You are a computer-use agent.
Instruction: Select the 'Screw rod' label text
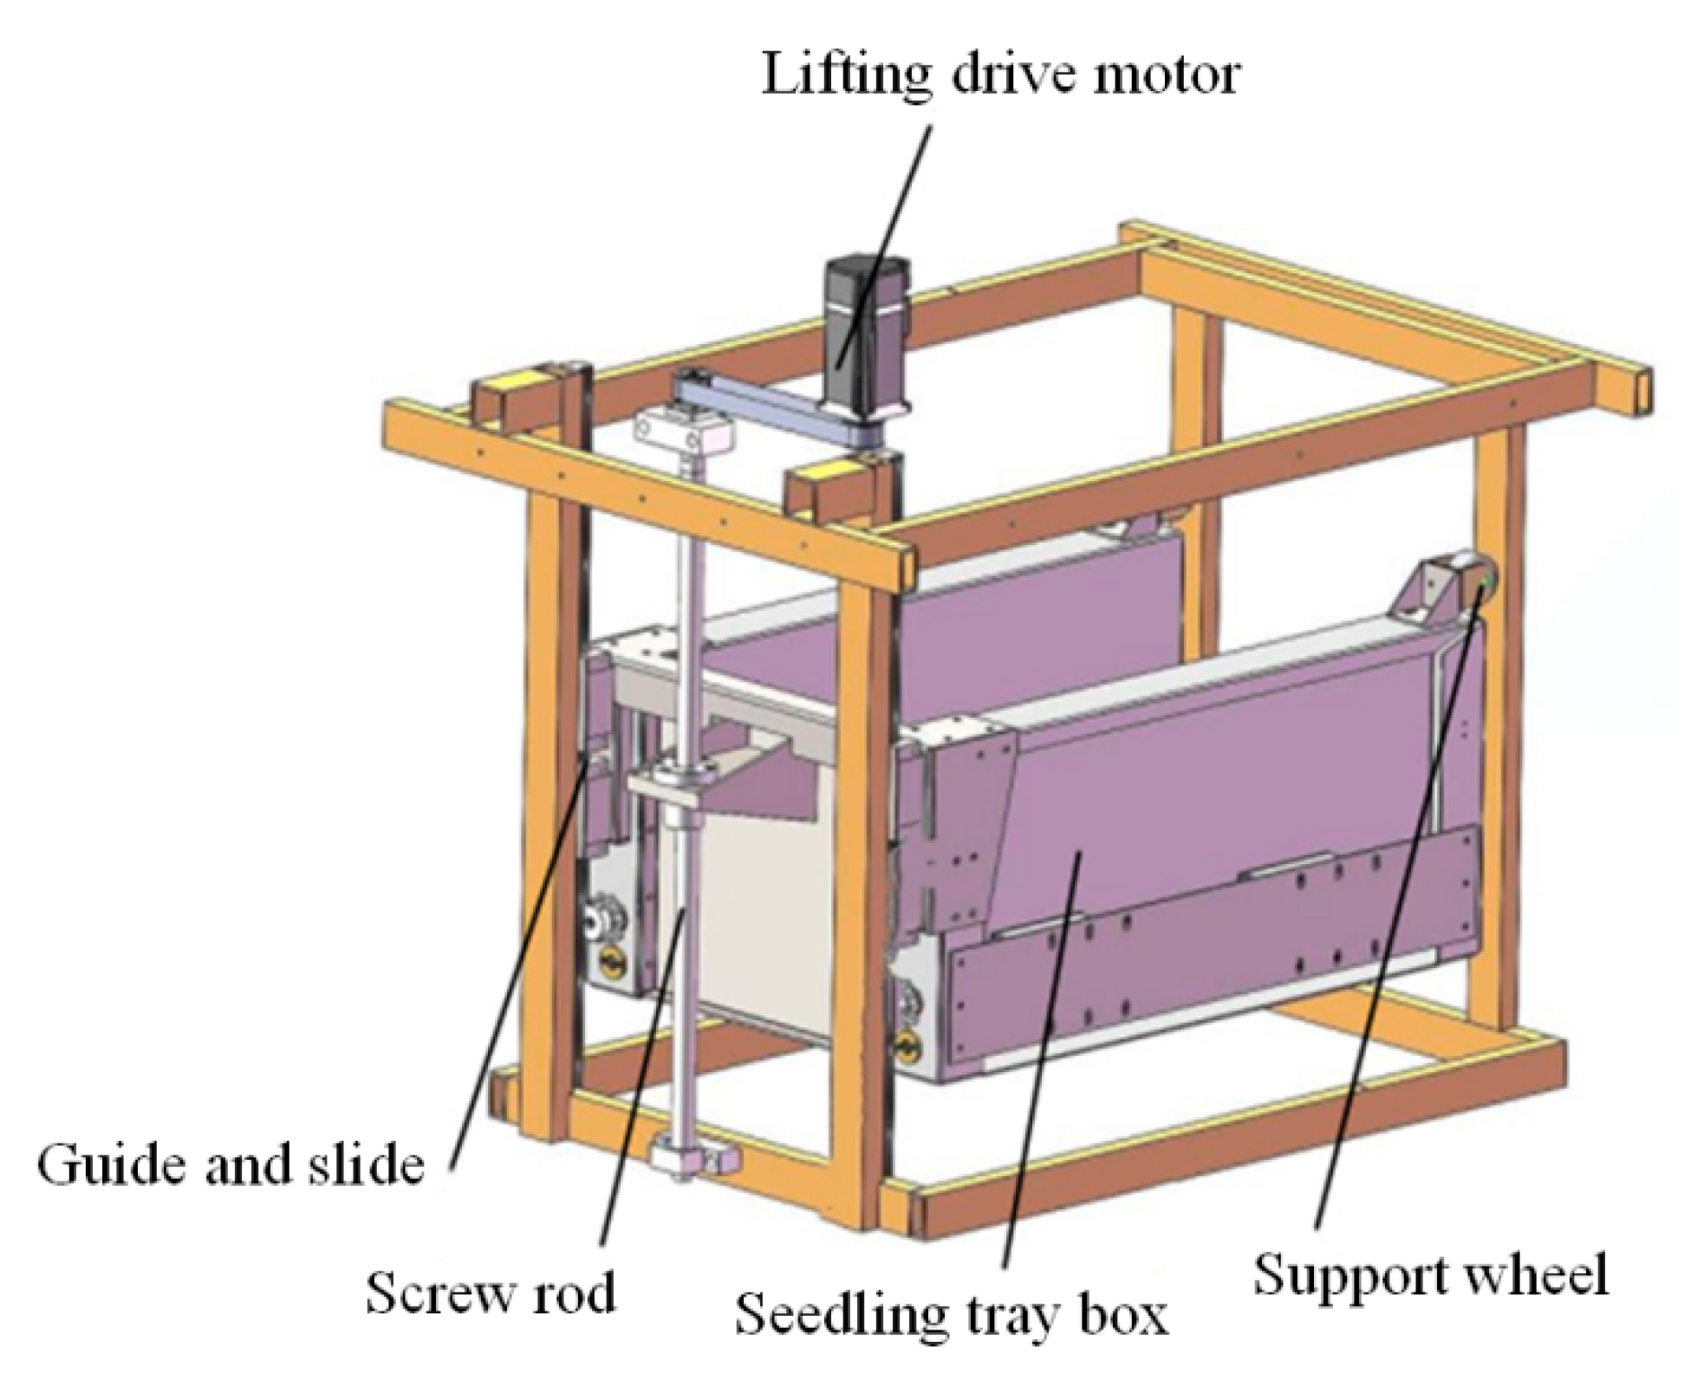tap(490, 1292)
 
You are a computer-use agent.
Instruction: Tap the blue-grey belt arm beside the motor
tap(763, 407)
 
